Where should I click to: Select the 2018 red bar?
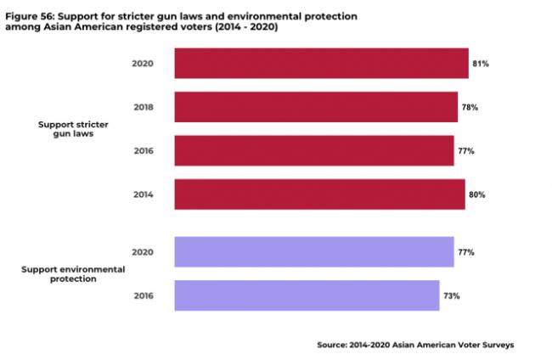click(x=316, y=108)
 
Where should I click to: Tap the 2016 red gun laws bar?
click(x=313, y=150)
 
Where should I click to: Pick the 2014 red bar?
click(x=319, y=194)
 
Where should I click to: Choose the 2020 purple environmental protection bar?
click(x=313, y=252)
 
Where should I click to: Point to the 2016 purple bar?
click(x=307, y=295)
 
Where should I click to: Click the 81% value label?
click(x=482, y=64)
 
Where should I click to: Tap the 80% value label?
click(x=476, y=194)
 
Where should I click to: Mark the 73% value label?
click(x=451, y=296)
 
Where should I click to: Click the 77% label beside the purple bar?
click(x=465, y=253)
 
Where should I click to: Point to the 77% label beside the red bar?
click(x=465, y=151)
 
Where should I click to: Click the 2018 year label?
click(x=142, y=108)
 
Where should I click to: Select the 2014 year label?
click(x=142, y=194)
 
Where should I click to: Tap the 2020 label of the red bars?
click(x=142, y=64)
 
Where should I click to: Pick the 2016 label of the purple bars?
click(x=142, y=296)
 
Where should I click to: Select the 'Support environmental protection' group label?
click(x=72, y=273)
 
